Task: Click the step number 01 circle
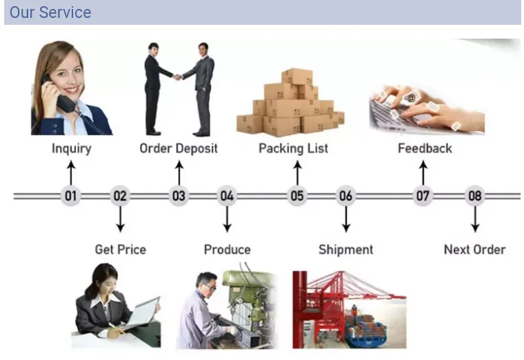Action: tap(70, 196)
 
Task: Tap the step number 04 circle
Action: tap(227, 196)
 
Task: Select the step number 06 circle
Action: tap(345, 196)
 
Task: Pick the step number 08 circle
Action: tap(475, 196)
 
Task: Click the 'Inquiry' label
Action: tap(71, 148)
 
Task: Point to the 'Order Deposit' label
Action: tap(179, 148)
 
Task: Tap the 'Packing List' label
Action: tap(293, 148)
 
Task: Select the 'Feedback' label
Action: tap(425, 148)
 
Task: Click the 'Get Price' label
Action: tap(121, 249)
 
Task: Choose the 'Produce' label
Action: tap(227, 249)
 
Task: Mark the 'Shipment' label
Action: tap(345, 249)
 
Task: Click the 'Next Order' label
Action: tap(474, 249)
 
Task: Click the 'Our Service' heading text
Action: tap(50, 12)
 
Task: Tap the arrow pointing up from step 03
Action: tap(179, 171)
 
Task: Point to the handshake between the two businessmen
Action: tap(177, 77)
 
